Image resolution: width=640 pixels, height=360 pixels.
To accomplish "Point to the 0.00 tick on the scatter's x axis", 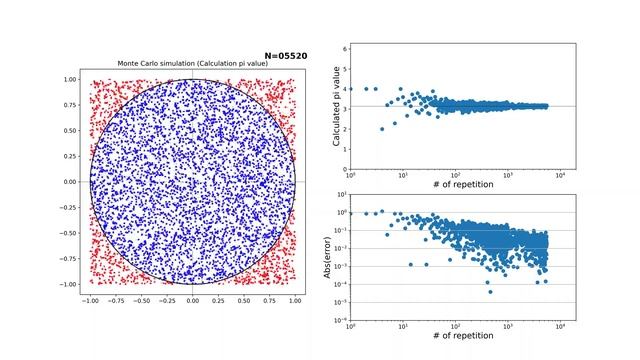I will (192, 299).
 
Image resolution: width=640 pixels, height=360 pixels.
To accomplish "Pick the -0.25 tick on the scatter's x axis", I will (165, 299).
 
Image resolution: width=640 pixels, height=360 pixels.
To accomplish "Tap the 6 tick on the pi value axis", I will (344, 48).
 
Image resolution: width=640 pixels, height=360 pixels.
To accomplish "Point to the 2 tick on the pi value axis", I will (344, 129).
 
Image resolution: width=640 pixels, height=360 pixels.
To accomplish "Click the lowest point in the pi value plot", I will (382, 129).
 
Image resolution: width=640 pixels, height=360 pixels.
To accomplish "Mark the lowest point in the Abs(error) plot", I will (489, 291).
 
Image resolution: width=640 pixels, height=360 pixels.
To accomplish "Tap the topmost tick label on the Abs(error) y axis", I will (342, 195).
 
